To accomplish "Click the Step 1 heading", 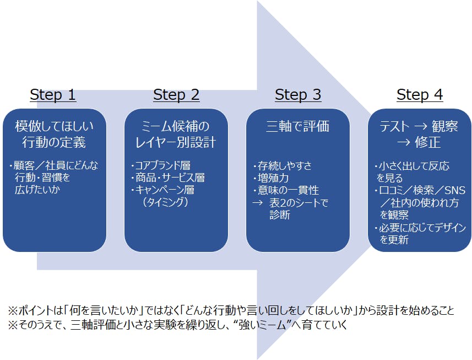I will pyautogui.click(x=53, y=95).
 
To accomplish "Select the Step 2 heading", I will pyautogui.click(x=176, y=95).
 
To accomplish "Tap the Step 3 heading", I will pyautogui.click(x=298, y=95).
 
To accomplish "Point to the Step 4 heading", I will pyautogui.click(x=420, y=95).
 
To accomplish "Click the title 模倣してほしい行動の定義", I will pyautogui.click(x=54, y=134).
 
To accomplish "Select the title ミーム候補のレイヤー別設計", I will pyautogui.click(x=176, y=134).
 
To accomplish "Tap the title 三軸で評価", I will pyautogui.click(x=298, y=126).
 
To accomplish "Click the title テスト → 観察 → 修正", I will pyautogui.click(x=420, y=134).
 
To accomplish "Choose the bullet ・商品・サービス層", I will pyautogui.click(x=167, y=178).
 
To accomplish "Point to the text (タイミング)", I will pyautogui.click(x=165, y=202).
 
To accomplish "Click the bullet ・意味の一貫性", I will pyautogui.click(x=286, y=190).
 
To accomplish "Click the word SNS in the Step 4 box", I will pyautogui.click(x=454, y=190).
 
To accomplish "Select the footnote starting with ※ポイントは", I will pyautogui.click(x=231, y=310).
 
